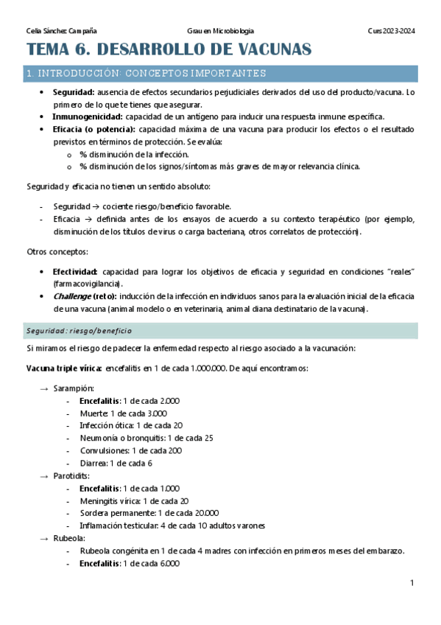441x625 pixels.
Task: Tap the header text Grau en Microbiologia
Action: tap(220, 31)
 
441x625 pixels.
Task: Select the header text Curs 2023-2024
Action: tap(391, 31)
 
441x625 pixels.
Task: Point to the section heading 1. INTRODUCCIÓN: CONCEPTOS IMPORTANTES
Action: tap(146, 74)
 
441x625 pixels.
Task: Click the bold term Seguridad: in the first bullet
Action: tap(73, 92)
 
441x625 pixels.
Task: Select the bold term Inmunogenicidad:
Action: tap(88, 116)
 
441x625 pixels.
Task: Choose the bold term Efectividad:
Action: tap(76, 272)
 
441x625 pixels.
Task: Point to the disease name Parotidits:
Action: tap(74, 475)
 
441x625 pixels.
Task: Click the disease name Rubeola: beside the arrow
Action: tap(68, 538)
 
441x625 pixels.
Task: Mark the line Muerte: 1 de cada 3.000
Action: tap(118, 413)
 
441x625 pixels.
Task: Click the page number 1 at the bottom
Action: tap(412, 583)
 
